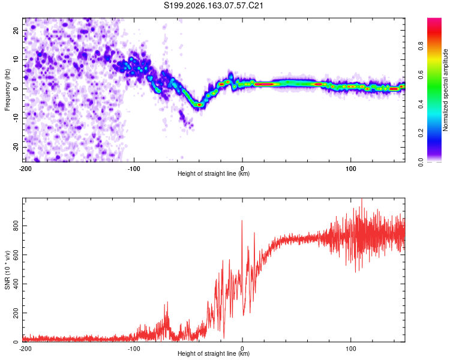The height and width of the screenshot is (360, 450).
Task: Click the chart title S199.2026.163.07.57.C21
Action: [213, 5]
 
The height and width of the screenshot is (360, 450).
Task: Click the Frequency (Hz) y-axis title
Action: [7, 90]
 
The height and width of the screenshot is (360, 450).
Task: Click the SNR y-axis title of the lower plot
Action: [7, 270]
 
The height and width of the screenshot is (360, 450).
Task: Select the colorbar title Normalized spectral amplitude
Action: [445, 90]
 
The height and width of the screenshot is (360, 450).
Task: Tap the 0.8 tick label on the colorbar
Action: [421, 46]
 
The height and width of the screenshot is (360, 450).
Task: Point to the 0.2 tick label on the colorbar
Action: [421, 133]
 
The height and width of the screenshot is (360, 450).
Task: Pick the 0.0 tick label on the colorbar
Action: [421, 162]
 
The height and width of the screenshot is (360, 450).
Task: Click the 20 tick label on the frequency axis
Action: [16, 30]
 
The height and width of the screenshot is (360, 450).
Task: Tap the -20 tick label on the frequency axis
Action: [16, 147]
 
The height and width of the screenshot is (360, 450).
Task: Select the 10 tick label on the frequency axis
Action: [16, 59]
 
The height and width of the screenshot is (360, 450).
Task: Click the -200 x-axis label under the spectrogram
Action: [25, 169]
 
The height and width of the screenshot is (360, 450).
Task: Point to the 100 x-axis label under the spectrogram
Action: [351, 169]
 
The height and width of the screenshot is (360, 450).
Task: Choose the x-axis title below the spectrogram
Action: [214, 173]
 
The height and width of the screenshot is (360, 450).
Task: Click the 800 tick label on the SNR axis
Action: [16, 226]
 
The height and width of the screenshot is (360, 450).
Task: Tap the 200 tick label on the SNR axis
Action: [16, 313]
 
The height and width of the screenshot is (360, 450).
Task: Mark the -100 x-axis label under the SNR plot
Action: [134, 349]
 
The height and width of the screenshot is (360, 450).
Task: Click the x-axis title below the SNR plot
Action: [214, 353]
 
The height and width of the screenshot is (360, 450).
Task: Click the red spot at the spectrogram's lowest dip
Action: [199, 105]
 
